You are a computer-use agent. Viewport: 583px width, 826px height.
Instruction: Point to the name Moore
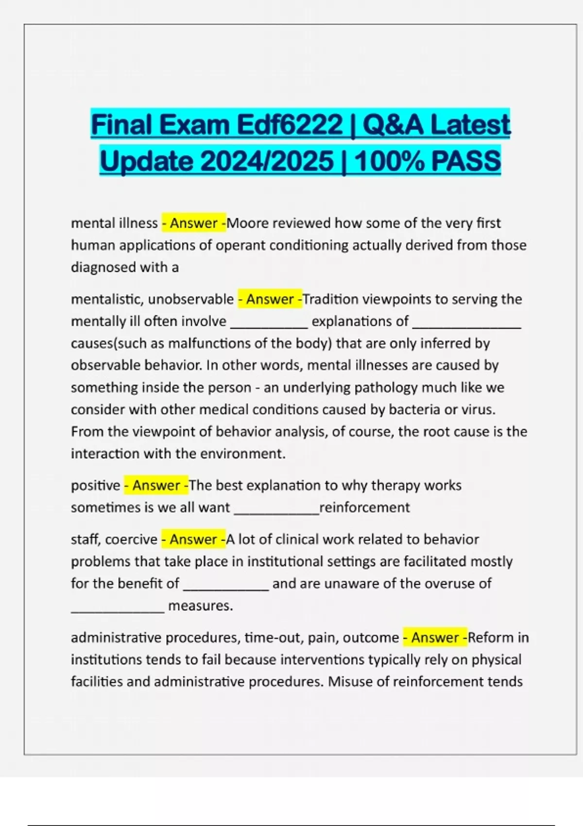[x=248, y=223]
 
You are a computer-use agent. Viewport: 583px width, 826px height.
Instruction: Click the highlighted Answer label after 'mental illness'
[x=193, y=223]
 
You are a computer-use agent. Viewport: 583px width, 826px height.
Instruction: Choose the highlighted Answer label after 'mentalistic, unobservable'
[x=270, y=299]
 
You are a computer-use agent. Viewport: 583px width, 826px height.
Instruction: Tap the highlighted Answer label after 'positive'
[x=156, y=485]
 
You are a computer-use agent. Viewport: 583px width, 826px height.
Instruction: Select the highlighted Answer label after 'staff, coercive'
[x=193, y=539]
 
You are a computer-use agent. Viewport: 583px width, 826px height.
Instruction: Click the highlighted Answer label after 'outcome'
[x=435, y=637]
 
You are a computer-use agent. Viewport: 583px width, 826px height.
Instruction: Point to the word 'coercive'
[x=131, y=539]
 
